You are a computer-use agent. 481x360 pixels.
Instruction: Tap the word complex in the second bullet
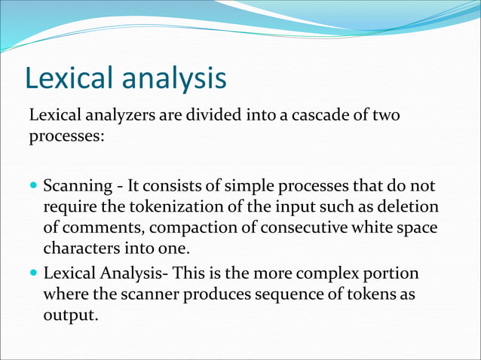tap(329, 273)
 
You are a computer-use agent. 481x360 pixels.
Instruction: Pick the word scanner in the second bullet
tap(150, 294)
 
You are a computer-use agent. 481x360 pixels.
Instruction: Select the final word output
tap(70, 315)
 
